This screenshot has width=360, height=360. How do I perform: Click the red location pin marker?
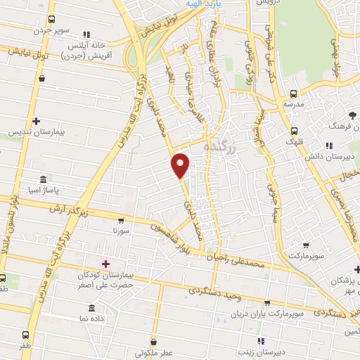point(181,165)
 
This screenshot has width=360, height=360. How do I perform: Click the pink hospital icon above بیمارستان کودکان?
point(105,264)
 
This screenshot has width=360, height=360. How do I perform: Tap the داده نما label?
point(92,319)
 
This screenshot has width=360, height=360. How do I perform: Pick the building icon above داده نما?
point(92,308)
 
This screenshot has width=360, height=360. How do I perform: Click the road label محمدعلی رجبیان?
point(245,262)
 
